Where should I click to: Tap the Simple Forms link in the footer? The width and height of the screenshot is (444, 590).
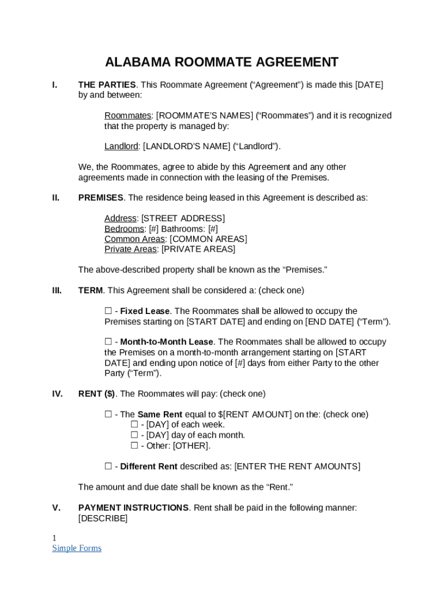77,548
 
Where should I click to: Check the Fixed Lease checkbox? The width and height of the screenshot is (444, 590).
108,311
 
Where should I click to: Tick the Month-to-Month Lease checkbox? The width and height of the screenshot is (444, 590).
108,342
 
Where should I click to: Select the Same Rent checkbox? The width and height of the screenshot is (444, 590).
108,414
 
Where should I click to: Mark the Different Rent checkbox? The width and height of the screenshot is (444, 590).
108,466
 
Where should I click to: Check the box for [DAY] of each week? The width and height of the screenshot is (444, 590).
134,425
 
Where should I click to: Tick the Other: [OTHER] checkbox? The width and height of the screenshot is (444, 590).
134,445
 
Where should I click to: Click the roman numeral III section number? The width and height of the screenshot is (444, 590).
57,290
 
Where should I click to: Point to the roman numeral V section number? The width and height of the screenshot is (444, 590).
57,508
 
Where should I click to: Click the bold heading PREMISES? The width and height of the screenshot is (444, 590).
101,198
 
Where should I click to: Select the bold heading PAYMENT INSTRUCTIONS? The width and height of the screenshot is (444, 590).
133,508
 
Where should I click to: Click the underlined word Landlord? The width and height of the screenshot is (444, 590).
121,146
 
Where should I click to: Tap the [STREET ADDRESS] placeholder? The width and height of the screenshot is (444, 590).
183,218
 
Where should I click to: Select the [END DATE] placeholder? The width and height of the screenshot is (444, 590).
329,322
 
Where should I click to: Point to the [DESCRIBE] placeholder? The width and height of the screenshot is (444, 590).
103,519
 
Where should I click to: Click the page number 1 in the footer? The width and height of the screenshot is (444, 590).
55,538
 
